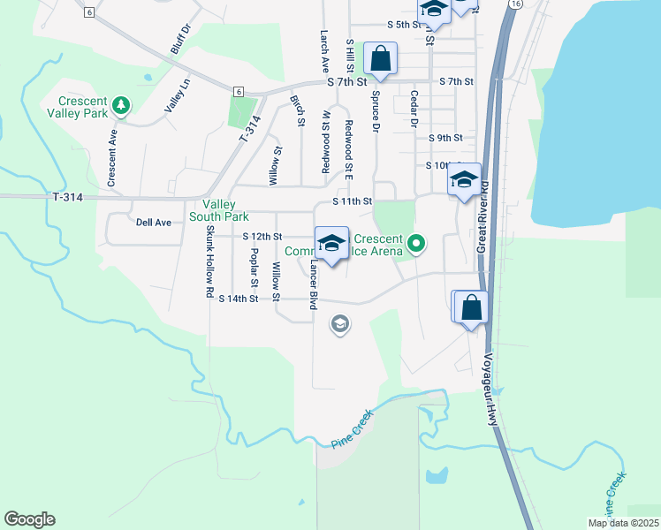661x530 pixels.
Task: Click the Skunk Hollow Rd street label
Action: click(x=210, y=261)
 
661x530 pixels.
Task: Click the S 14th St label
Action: click(x=238, y=299)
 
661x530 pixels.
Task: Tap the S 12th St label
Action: click(x=262, y=237)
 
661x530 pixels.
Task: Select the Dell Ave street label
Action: click(x=153, y=223)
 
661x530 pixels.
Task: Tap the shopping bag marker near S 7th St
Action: click(x=380, y=59)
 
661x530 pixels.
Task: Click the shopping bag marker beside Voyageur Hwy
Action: click(x=472, y=308)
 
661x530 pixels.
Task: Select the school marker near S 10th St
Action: click(x=464, y=180)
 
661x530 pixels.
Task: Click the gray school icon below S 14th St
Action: click(x=338, y=325)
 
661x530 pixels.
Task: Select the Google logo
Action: click(x=29, y=519)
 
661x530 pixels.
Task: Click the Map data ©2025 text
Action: click(x=623, y=523)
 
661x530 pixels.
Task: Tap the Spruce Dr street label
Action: click(x=376, y=110)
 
